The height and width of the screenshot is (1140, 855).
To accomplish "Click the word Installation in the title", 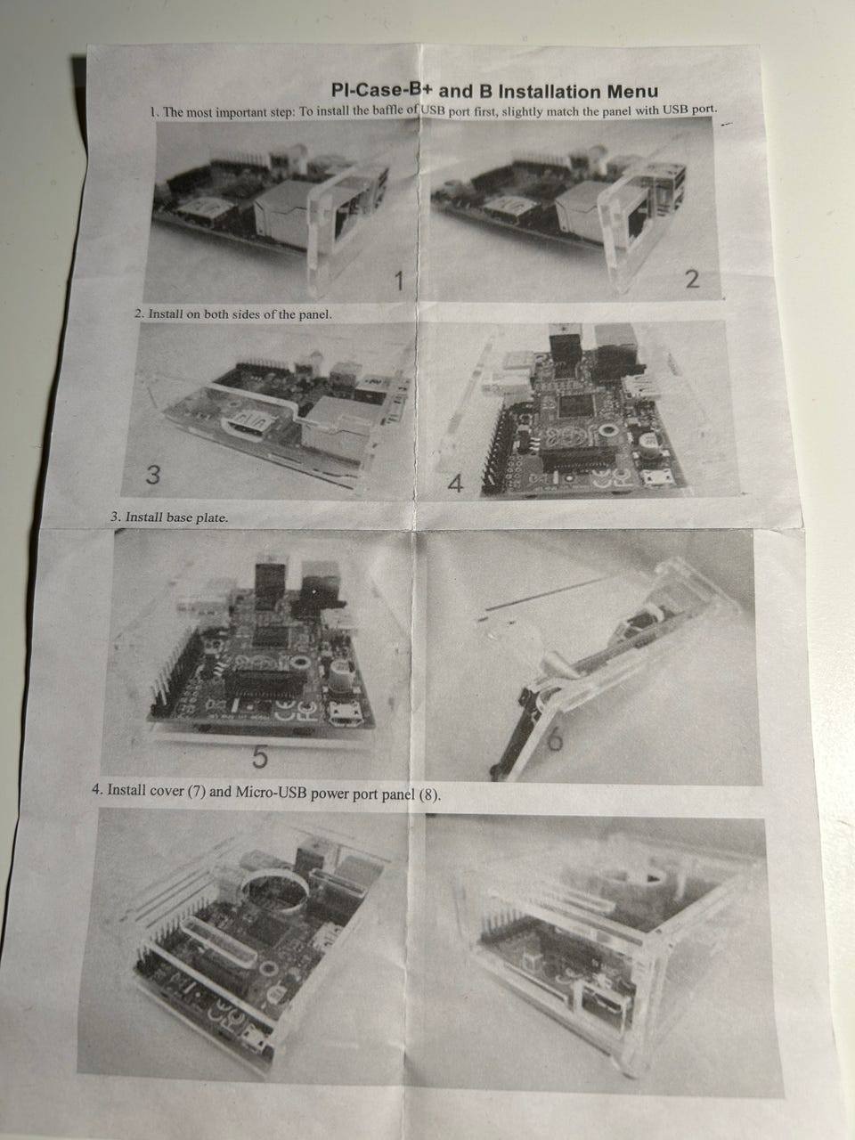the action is pos(550,92).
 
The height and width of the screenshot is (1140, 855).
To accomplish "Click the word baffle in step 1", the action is pos(390,110).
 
